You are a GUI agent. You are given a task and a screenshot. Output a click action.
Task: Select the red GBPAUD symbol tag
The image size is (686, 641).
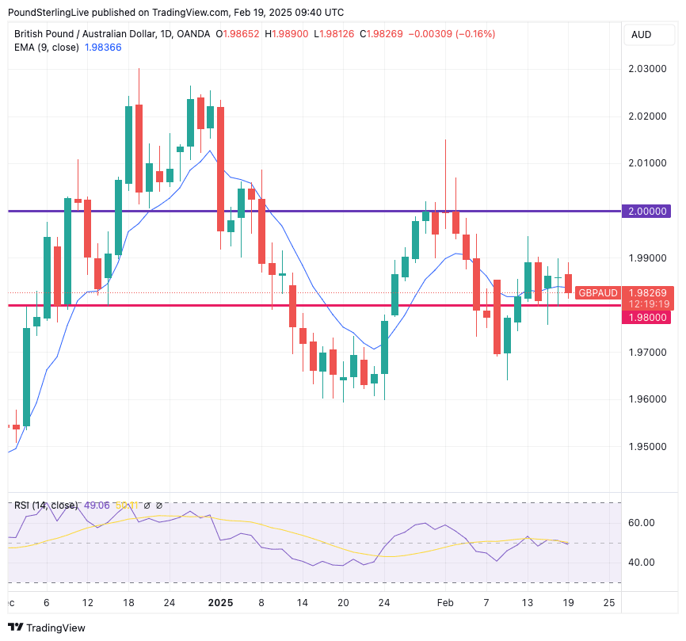click(x=597, y=293)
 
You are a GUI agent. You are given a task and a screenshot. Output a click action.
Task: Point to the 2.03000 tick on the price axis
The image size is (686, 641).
click(x=648, y=69)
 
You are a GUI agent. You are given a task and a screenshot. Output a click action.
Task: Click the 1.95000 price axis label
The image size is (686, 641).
click(x=648, y=446)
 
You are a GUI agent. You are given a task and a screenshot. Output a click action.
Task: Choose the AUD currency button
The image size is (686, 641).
click(x=641, y=35)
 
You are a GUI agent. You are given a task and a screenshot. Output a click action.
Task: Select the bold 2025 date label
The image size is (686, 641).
click(x=220, y=603)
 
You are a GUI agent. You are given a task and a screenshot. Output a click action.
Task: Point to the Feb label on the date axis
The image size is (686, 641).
click(x=445, y=603)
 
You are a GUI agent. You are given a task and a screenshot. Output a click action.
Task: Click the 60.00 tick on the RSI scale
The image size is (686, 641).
click(x=642, y=523)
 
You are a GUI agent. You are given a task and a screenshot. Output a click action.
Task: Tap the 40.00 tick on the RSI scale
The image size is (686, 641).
click(x=642, y=563)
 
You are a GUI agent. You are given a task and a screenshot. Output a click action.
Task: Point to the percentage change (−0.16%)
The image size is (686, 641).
click(x=473, y=34)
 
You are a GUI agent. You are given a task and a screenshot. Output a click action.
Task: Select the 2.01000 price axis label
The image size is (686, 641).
click(x=648, y=163)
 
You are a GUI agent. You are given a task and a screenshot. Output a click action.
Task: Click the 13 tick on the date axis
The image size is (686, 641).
click(x=528, y=603)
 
